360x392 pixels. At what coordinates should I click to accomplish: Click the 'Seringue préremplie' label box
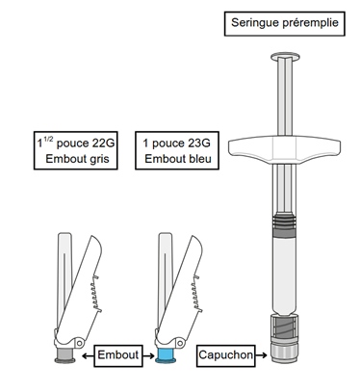pos(285,24)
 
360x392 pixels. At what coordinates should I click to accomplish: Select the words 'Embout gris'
pos(77,159)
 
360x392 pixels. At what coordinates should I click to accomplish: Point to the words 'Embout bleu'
pos(178,159)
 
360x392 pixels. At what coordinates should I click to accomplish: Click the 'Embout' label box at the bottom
pos(118,355)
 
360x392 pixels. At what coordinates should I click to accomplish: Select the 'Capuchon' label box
pos(226,355)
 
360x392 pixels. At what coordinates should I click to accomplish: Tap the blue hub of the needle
pos(166,354)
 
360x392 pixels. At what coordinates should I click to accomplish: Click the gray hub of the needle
pos(64,354)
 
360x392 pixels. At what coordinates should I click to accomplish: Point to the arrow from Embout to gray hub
pos(88,355)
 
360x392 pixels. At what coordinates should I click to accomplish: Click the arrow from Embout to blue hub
pos(148,355)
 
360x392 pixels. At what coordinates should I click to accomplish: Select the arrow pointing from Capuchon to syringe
pos(261,355)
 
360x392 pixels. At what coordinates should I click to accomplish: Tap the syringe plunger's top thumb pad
pos(285,58)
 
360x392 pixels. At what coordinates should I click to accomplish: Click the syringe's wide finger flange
pos(284,149)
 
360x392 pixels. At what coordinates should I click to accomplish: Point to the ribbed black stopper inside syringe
pos(284,222)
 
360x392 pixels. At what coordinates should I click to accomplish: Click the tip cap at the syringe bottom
pos(284,353)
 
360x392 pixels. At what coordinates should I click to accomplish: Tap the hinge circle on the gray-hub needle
pos(79,343)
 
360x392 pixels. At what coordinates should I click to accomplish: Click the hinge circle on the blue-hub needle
pos(180,343)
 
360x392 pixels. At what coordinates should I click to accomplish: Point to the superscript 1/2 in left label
pos(48,139)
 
